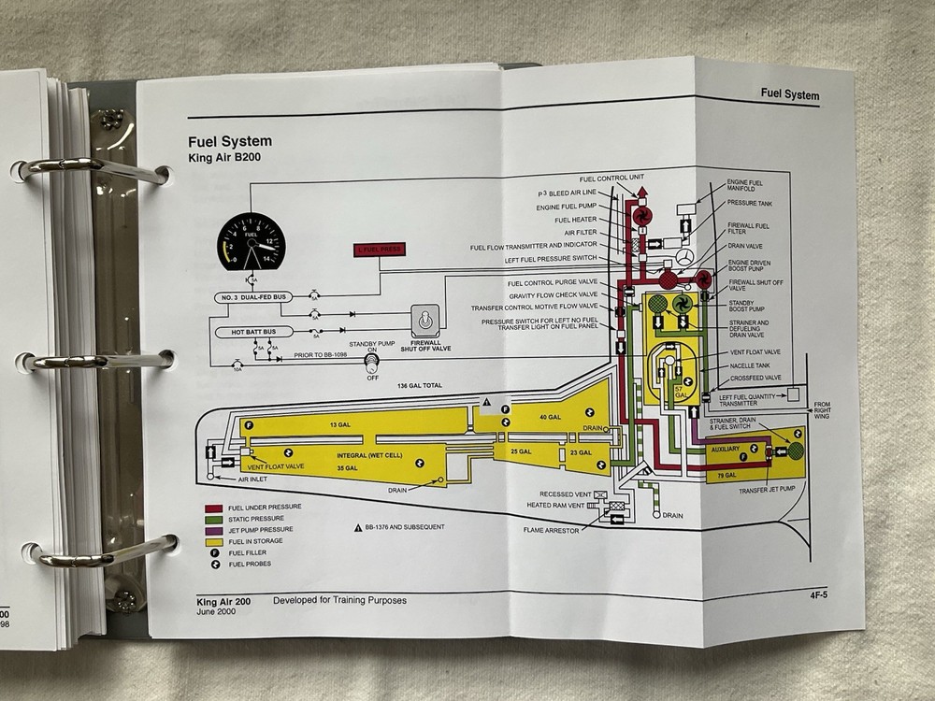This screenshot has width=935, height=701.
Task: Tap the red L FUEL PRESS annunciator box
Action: pyautogui.click(x=379, y=250)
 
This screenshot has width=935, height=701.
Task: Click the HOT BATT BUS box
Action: pyautogui.click(x=254, y=332)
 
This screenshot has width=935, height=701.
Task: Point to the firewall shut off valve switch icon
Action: pyautogui.click(x=425, y=321)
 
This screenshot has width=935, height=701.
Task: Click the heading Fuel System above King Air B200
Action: pyautogui.click(x=229, y=142)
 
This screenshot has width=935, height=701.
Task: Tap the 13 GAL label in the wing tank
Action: pyautogui.click(x=338, y=425)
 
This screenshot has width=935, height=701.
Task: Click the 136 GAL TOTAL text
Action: pyautogui.click(x=418, y=386)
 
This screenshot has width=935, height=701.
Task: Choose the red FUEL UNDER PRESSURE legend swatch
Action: pyautogui.click(x=214, y=507)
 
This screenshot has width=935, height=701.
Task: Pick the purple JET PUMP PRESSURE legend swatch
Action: pyautogui.click(x=214, y=530)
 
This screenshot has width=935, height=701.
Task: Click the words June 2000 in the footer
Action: pyautogui.click(x=219, y=612)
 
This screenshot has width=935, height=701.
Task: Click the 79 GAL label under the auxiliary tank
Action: pyautogui.click(x=726, y=476)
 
